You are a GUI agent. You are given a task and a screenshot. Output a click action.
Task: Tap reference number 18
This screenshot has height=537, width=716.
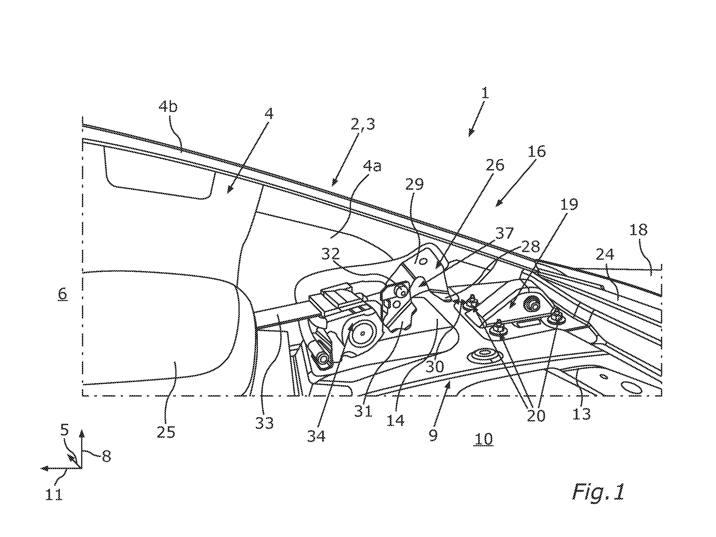click(x=639, y=230)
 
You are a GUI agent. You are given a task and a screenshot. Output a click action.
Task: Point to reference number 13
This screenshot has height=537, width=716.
click(x=581, y=413)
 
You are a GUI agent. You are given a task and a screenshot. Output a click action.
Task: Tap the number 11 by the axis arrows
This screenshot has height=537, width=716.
click(x=54, y=495)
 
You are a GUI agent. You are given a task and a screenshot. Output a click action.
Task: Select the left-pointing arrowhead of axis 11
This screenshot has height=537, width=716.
click(x=45, y=469)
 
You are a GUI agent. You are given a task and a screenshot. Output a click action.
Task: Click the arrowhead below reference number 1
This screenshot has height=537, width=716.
click(x=470, y=133)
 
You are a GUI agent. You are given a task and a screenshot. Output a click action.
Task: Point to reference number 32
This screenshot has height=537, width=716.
click(x=330, y=254)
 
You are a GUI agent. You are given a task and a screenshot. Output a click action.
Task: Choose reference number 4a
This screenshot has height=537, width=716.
click(x=372, y=166)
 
